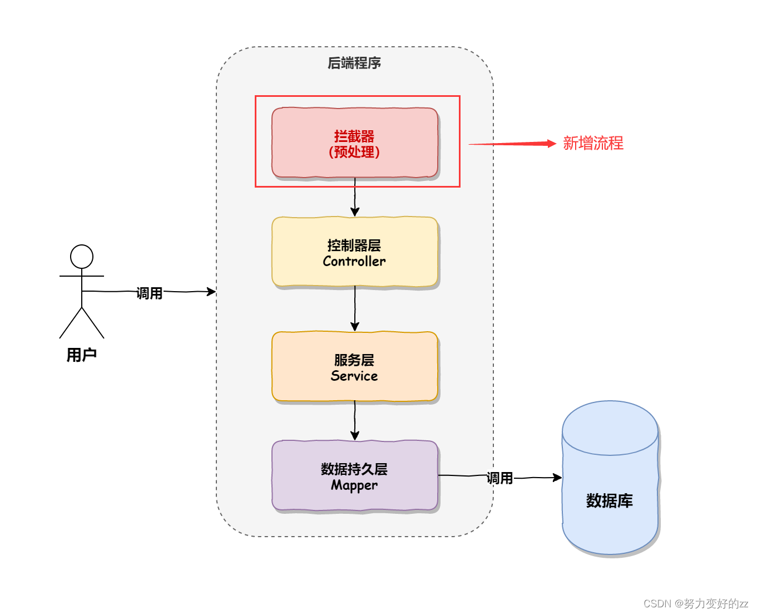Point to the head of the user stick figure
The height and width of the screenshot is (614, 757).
coord(82,257)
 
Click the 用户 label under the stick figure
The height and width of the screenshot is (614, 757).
coord(82,355)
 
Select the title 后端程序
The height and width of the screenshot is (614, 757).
coord(354,63)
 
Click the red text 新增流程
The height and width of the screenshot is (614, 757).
coord(593,144)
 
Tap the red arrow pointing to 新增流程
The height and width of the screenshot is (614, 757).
coord(512,144)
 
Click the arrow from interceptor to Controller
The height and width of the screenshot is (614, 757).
coord(355,198)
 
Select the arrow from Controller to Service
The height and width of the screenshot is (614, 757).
coord(355,309)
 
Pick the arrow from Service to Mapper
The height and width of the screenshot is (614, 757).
coord(355,420)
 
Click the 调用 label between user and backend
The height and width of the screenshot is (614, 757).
coord(150,293)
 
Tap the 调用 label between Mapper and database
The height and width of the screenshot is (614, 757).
coord(499,478)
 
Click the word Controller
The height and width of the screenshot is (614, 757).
coord(354,261)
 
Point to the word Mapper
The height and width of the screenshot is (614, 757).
coord(354,485)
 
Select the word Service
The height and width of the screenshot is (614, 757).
coord(354,376)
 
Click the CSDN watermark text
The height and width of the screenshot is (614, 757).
coord(695,603)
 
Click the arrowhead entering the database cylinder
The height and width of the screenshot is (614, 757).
coord(557,477)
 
